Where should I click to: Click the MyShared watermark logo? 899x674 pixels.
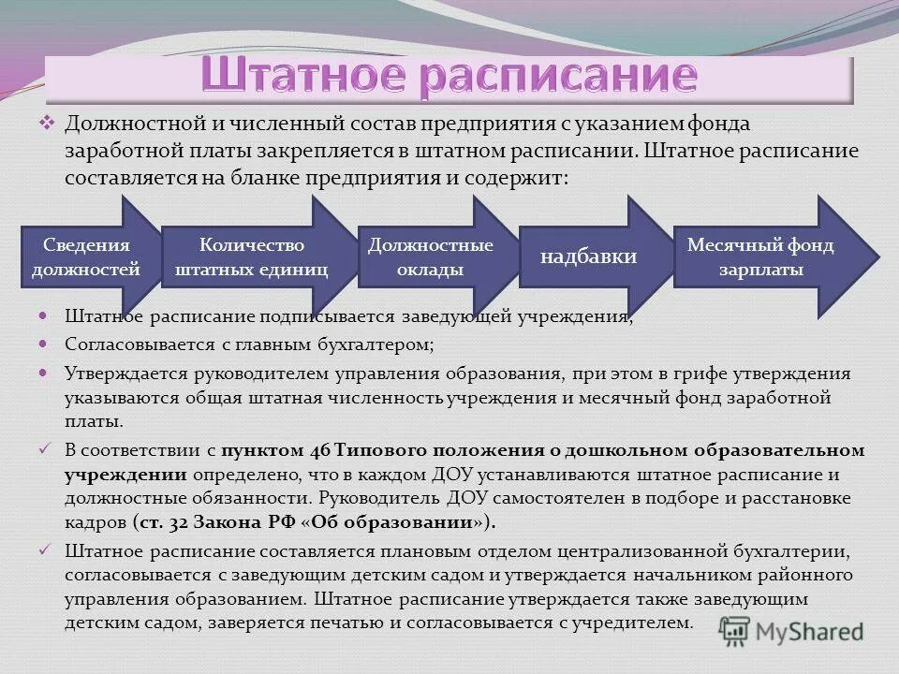(792, 630)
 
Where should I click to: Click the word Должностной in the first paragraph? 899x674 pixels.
(122, 125)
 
